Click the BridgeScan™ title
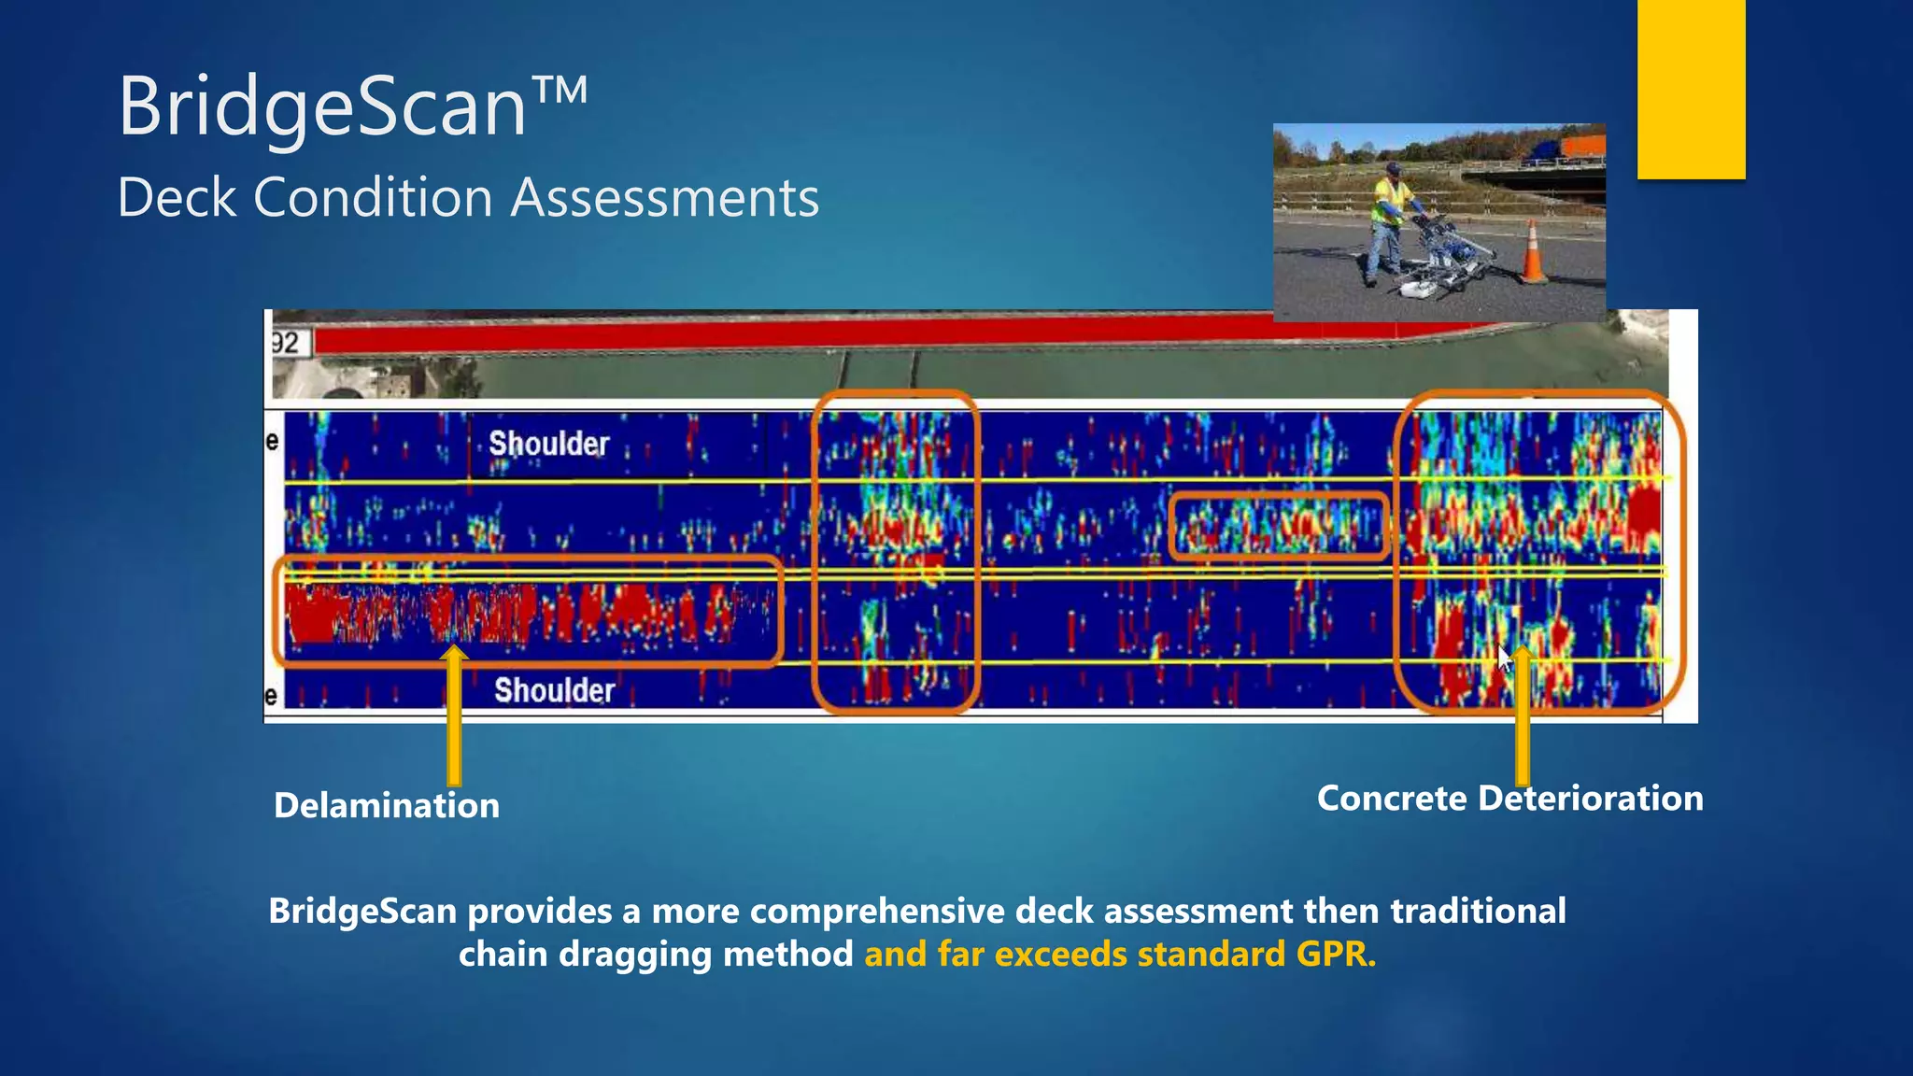pyautogui.click(x=352, y=106)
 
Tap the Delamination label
pyautogui.click(x=386, y=805)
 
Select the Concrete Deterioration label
pyautogui.click(x=1509, y=799)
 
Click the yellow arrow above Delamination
pyautogui.click(x=454, y=719)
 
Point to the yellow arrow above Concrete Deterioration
pyautogui.click(x=1523, y=719)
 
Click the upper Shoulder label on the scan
pyautogui.click(x=548, y=444)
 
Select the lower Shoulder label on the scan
pyautogui.click(x=554, y=690)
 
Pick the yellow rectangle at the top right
pyautogui.click(x=1691, y=89)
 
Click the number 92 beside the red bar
pyautogui.click(x=286, y=343)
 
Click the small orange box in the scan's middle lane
pyautogui.click(x=1278, y=527)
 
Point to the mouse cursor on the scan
pyautogui.click(x=1504, y=658)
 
